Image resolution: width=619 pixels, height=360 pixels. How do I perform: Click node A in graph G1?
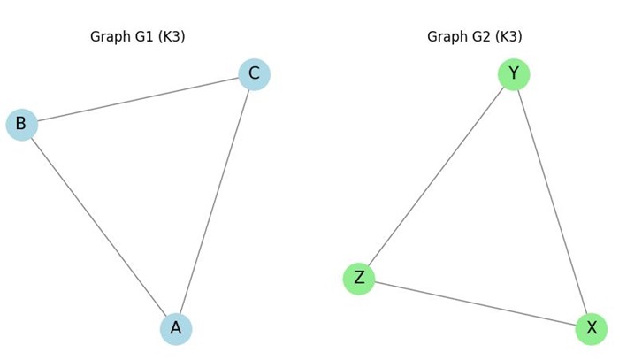click(176, 329)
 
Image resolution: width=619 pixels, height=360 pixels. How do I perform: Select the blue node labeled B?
click(21, 125)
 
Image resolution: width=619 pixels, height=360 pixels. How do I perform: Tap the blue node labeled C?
click(254, 74)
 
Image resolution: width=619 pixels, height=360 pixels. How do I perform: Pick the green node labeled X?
click(591, 329)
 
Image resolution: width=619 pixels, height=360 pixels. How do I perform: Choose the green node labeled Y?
click(513, 74)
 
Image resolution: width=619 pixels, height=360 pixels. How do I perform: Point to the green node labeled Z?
click(359, 279)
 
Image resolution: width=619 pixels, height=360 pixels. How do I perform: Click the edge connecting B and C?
click(138, 99)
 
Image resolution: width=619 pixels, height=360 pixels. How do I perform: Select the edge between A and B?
click(99, 227)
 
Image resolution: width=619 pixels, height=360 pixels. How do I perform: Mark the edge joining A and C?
click(215, 202)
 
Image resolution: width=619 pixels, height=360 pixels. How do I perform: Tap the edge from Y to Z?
click(436, 177)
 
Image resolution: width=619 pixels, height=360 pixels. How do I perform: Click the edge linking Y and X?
click(552, 202)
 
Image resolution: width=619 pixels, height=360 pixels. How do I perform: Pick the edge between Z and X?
click(475, 304)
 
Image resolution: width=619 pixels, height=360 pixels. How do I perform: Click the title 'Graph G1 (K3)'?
click(137, 37)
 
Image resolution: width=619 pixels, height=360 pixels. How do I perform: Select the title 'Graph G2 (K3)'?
click(475, 37)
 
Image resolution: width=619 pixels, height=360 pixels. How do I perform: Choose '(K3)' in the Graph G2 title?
click(508, 37)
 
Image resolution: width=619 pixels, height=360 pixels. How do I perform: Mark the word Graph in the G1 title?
click(110, 37)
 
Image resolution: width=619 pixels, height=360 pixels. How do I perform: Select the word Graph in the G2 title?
click(447, 37)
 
